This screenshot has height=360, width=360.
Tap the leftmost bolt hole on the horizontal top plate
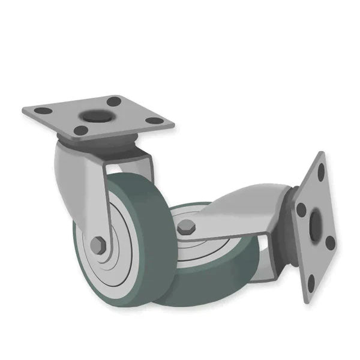pyautogui.click(x=43, y=111)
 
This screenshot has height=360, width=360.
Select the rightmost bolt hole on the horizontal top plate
pyautogui.click(x=155, y=121)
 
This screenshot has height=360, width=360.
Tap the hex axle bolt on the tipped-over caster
pyautogui.click(x=187, y=227)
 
